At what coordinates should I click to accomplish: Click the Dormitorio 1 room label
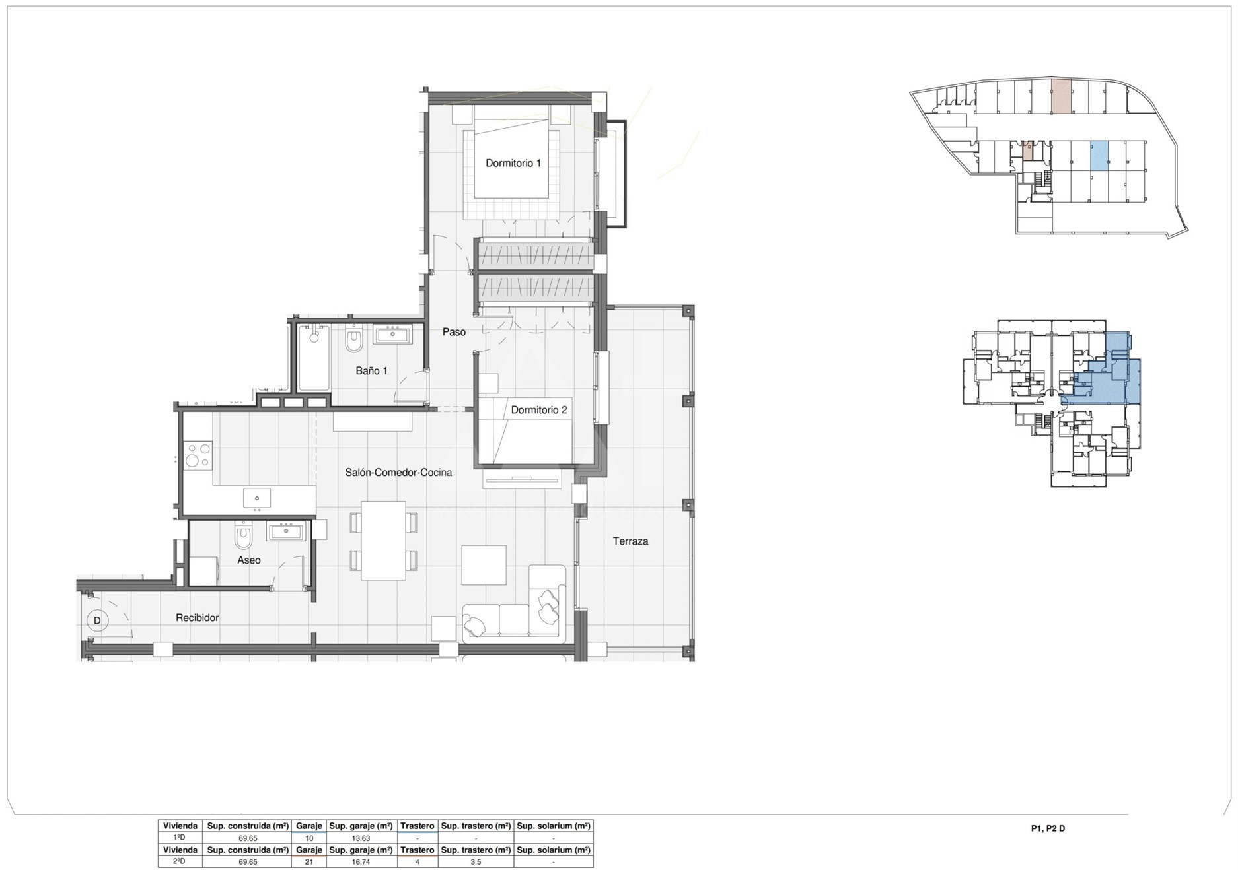click(513, 163)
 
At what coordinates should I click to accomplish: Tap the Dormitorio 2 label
click(539, 410)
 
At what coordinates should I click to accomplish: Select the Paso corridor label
click(454, 332)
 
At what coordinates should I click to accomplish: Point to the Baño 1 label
click(371, 371)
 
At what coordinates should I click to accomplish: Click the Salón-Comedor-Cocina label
click(398, 473)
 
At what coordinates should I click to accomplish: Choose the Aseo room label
click(249, 560)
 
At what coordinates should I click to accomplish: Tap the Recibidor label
click(197, 618)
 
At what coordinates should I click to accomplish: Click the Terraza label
click(630, 541)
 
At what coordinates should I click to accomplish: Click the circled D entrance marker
click(97, 620)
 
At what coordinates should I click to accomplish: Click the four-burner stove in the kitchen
click(198, 455)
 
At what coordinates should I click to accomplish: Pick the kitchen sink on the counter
click(257, 498)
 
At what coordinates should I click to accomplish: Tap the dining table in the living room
click(383, 541)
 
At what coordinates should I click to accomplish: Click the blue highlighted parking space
click(1099, 156)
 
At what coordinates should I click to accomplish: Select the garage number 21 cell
click(309, 862)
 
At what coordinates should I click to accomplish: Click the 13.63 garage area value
click(361, 838)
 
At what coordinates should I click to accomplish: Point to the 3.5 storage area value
click(476, 862)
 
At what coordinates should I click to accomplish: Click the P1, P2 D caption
click(1048, 828)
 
